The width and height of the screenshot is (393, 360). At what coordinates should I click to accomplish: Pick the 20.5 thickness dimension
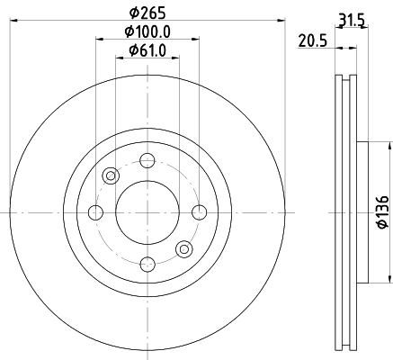tap(311, 40)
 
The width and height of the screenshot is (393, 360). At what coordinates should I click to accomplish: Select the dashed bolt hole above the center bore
tap(147, 161)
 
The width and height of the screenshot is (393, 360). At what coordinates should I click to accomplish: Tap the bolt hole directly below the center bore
tap(147, 263)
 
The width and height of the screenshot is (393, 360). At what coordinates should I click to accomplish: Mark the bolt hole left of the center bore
tap(96, 212)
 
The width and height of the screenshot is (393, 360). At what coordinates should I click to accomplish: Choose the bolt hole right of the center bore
tap(199, 212)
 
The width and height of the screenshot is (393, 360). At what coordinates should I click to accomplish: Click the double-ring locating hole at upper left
tap(112, 176)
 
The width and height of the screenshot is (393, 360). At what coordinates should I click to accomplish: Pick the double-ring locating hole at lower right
tap(184, 248)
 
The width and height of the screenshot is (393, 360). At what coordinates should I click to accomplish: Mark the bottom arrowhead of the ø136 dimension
tap(389, 278)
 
